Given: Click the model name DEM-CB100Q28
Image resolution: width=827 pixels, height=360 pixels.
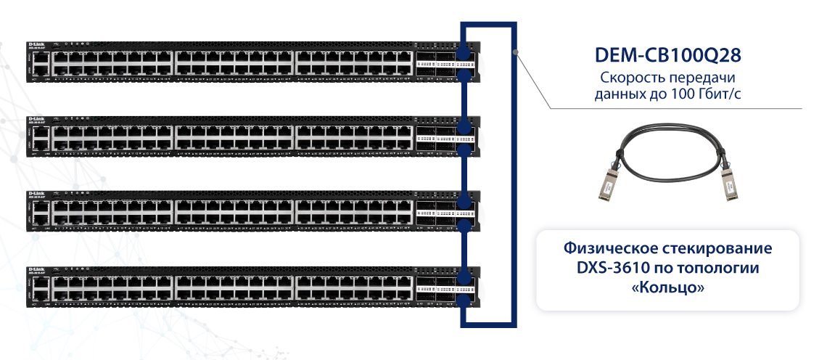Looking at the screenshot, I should [x=667, y=55].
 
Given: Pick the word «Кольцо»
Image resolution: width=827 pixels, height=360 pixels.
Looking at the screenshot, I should [x=667, y=288].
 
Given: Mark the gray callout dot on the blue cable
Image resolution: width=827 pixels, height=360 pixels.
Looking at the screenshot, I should [x=514, y=51].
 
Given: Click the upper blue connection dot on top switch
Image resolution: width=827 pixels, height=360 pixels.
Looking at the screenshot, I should [x=462, y=53].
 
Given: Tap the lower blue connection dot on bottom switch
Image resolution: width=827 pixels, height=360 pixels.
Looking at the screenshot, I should [x=462, y=298].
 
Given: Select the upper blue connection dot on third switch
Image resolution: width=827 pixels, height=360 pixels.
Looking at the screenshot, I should [x=462, y=202].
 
